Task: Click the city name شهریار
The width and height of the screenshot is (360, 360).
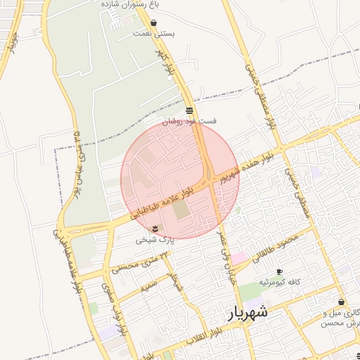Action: pyautogui.click(x=247, y=311)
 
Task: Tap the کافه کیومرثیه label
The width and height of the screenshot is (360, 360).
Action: pyautogui.click(x=280, y=282)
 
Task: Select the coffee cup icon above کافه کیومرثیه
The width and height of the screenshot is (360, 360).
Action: pyautogui.click(x=279, y=271)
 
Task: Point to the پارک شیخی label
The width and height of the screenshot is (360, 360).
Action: pyautogui.click(x=152, y=240)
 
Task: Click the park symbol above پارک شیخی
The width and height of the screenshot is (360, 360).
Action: pyautogui.click(x=155, y=228)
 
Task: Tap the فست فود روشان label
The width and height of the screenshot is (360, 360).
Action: pyautogui.click(x=190, y=121)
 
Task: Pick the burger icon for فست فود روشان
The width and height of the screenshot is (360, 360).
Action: pyautogui.click(x=190, y=110)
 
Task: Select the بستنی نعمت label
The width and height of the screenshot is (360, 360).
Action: pyautogui.click(x=154, y=33)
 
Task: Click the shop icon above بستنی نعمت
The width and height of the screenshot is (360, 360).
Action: pyautogui.click(x=153, y=23)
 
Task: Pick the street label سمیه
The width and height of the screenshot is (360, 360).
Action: pyautogui.click(x=148, y=285)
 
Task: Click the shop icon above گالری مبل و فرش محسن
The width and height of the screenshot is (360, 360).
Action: pyautogui.click(x=341, y=302)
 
